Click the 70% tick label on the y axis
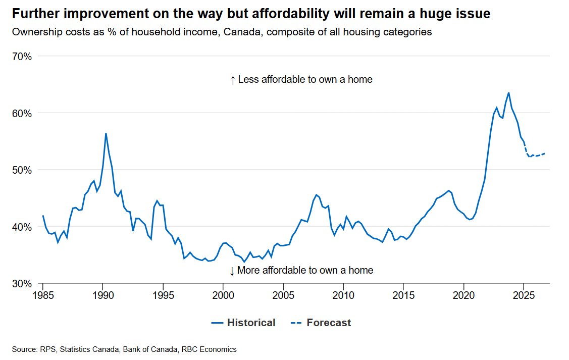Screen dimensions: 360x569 [22, 57]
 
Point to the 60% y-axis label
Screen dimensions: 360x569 [22, 113]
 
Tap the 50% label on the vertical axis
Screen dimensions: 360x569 [22, 170]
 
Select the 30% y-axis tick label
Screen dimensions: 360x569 [22, 284]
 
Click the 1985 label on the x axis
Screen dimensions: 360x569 [43, 294]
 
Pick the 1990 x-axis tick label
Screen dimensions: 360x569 [103, 294]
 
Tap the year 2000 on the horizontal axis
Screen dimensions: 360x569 [223, 294]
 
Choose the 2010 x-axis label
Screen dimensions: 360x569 [343, 294]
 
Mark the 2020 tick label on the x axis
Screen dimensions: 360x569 [463, 294]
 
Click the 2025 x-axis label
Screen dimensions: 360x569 [524, 294]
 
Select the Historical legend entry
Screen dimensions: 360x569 [244, 323]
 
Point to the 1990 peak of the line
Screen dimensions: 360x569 [106, 133]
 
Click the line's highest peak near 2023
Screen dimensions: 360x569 [508, 93]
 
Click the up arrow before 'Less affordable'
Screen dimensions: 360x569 [232, 80]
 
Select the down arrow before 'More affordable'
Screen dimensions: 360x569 [232, 271]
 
